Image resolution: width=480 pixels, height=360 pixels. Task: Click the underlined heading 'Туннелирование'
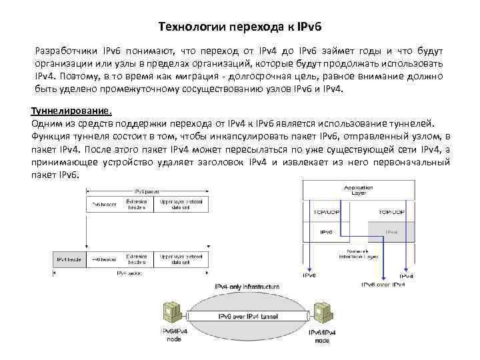tap(71, 111)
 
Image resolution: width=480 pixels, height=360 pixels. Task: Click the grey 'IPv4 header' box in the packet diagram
tap(69, 258)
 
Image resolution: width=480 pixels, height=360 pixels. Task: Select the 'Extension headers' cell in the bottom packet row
tap(136, 258)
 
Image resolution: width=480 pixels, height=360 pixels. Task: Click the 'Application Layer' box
tap(358, 189)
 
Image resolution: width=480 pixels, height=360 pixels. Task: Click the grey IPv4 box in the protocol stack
tap(391, 233)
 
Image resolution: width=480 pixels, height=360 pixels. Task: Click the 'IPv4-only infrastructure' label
tap(247, 286)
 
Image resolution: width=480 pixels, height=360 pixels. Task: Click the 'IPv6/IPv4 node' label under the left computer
tap(173, 335)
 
